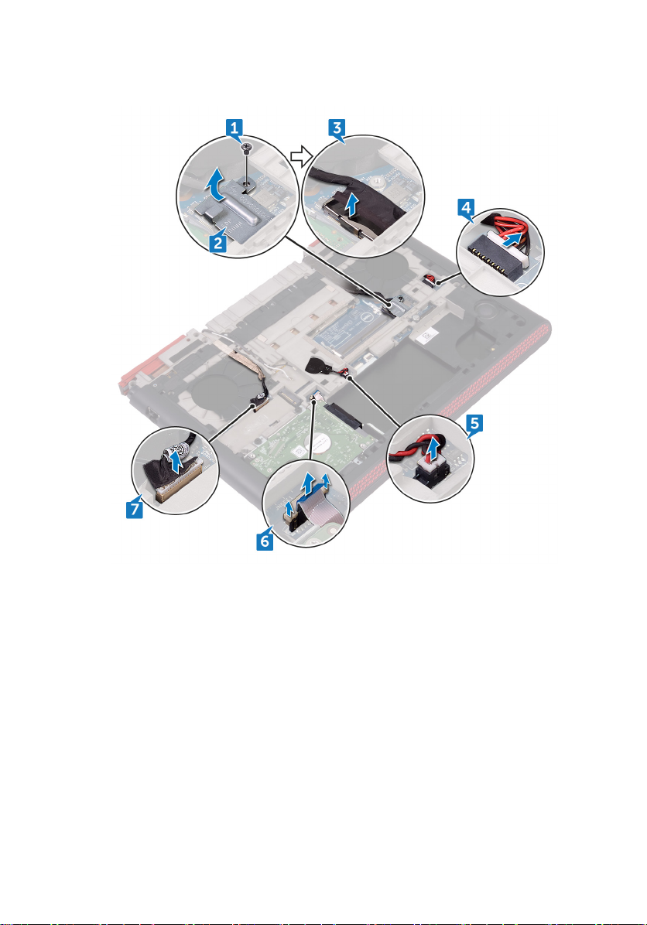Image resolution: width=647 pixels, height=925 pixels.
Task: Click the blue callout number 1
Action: click(x=234, y=127)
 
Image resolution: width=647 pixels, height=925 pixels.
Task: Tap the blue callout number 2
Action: click(x=217, y=242)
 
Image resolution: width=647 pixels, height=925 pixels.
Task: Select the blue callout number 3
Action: click(x=337, y=127)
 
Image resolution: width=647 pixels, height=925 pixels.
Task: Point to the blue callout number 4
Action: click(x=466, y=207)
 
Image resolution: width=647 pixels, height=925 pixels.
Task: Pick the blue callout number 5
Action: click(x=474, y=422)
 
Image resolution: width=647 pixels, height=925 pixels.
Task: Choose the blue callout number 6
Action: click(x=265, y=541)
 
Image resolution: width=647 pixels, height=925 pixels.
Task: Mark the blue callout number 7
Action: click(x=135, y=508)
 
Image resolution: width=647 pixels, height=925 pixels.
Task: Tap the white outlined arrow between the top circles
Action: click(x=300, y=155)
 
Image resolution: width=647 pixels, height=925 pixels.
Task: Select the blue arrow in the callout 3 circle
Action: click(x=351, y=206)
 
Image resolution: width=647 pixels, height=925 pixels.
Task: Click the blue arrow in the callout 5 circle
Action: click(x=434, y=451)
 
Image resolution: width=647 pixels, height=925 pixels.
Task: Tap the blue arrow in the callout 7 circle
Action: click(x=175, y=461)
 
